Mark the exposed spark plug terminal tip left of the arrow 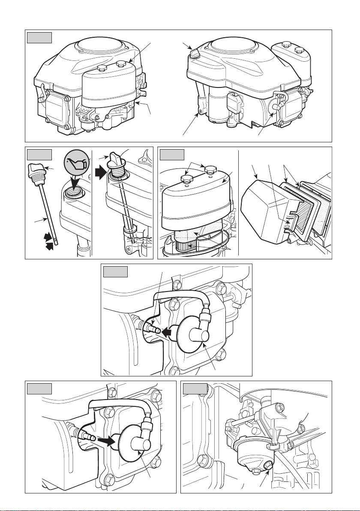157,331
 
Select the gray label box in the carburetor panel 195,389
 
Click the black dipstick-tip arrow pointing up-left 50,246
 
